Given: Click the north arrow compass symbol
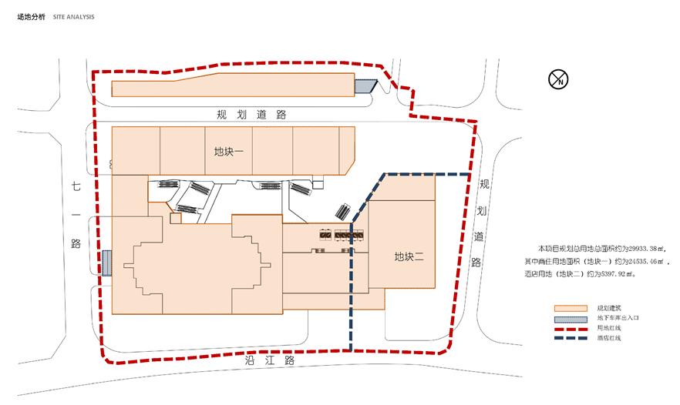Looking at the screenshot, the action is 558,79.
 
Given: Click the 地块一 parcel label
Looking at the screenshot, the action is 228,152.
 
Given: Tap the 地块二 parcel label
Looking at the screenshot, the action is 409,257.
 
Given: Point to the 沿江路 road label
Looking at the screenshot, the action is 269,360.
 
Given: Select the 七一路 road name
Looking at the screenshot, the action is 76,216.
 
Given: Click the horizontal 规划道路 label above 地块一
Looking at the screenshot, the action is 251,115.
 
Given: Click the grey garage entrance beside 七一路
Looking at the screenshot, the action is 106,263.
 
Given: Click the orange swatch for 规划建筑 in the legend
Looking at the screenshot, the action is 571,309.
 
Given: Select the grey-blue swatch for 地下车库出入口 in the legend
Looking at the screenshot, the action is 571,318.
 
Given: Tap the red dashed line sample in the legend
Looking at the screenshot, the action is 571,329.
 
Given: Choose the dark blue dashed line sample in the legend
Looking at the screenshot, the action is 571,338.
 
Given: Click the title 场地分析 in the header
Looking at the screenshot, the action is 31,17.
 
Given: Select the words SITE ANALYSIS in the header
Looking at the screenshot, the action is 74,17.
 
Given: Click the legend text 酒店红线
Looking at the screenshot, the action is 609,338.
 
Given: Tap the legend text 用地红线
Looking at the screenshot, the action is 609,328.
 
